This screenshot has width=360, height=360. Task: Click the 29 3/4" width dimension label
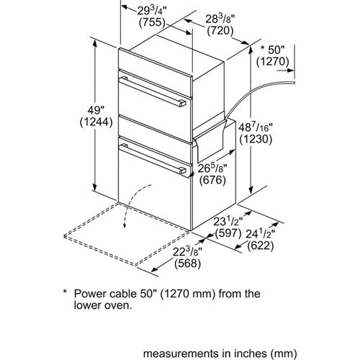click(x=152, y=11)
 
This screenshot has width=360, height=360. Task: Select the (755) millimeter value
click(x=153, y=22)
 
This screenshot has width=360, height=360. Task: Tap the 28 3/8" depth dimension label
click(x=220, y=19)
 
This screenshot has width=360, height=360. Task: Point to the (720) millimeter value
click(x=220, y=31)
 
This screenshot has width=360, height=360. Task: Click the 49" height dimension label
click(x=96, y=110)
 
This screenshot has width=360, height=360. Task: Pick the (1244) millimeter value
click(x=96, y=122)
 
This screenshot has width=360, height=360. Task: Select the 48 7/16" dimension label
click(x=256, y=127)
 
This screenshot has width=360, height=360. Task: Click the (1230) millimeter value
click(x=256, y=139)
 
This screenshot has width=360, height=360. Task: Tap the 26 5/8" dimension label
click(x=212, y=168)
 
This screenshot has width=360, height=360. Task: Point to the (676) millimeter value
click(x=212, y=180)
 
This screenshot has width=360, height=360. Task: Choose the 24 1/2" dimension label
click(x=261, y=234)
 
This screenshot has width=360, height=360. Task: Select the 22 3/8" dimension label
click(x=187, y=252)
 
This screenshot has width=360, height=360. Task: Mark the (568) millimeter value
click(x=187, y=264)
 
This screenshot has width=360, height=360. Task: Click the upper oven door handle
click(x=153, y=91)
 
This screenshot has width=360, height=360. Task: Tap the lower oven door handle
click(x=153, y=159)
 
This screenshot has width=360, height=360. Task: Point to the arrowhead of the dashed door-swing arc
click(x=125, y=225)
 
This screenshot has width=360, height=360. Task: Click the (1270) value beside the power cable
click(x=272, y=62)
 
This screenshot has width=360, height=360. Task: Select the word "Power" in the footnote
click(x=89, y=294)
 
